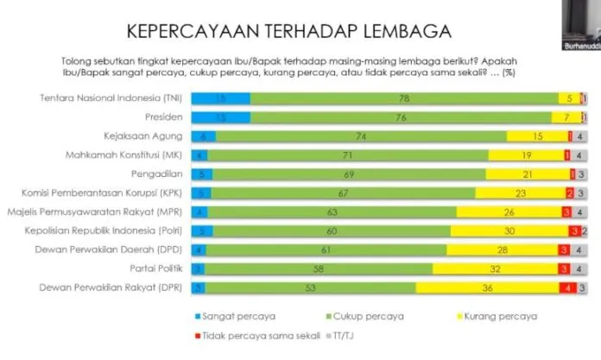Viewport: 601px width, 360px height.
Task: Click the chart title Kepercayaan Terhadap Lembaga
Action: pos(288,32)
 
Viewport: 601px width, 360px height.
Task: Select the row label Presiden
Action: pos(161,117)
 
